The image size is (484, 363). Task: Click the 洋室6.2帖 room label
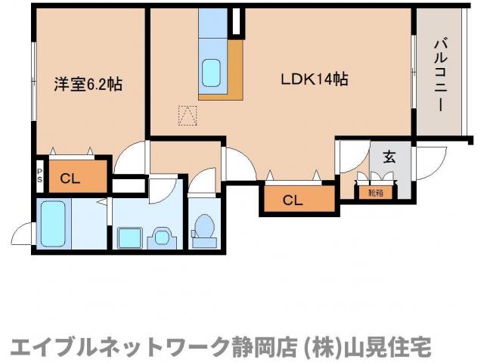pyautogui.click(x=88, y=84)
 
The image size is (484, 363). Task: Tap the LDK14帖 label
pyautogui.click(x=315, y=79)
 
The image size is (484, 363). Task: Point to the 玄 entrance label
pyautogui.click(x=389, y=157)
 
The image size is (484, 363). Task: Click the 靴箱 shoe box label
pyautogui.click(x=376, y=193)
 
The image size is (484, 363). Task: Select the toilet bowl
pyautogui.click(x=203, y=228)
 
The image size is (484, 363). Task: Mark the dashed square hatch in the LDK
pyautogui.click(x=186, y=116)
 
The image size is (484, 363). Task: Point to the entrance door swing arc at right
pyautogui.click(x=429, y=159)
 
